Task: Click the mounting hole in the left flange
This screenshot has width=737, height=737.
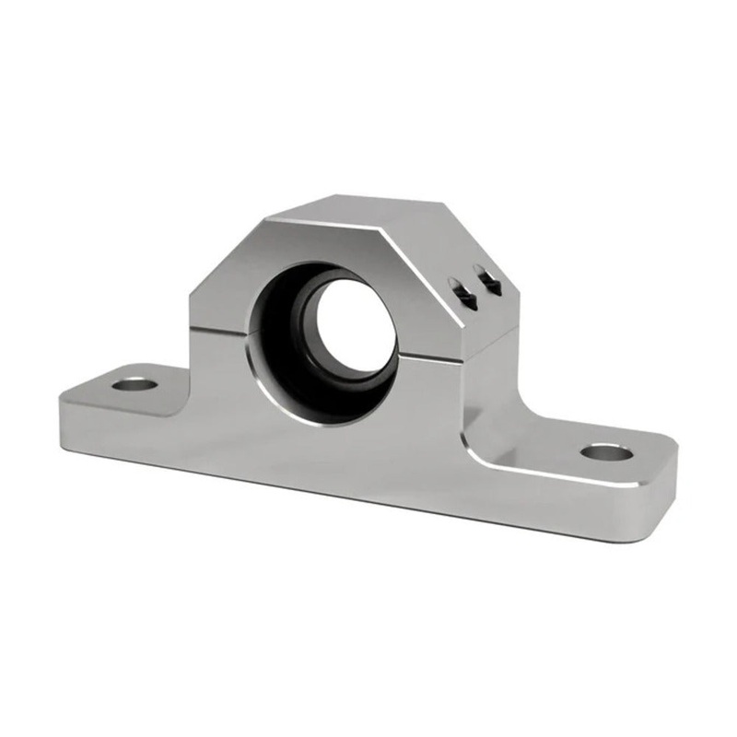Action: coord(135,380)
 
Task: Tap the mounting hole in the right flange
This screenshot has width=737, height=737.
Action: coord(607,451)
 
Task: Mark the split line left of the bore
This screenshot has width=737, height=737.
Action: coord(221,325)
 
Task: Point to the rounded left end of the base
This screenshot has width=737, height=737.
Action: coord(63,410)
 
